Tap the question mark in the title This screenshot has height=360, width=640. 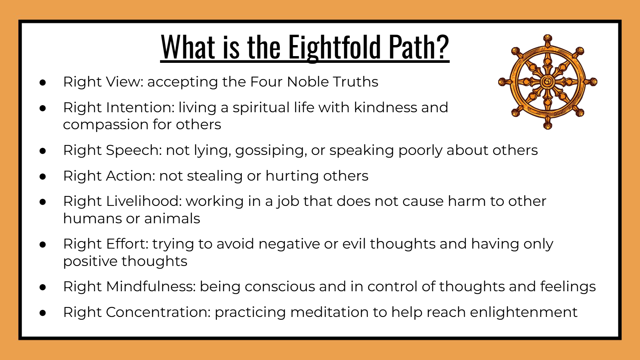coord(442,46)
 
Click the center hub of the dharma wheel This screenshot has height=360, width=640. coord(548,82)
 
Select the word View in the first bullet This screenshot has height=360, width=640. coord(124,82)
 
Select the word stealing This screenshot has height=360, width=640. coord(215,176)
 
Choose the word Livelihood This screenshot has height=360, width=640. coord(144,201)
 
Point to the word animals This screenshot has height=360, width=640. coord(172,219)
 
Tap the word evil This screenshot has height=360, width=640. coord(354,244)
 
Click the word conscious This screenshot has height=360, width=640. coord(280,287)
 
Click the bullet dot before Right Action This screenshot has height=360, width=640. coord(43,177)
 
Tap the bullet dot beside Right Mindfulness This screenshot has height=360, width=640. coord(43,287)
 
